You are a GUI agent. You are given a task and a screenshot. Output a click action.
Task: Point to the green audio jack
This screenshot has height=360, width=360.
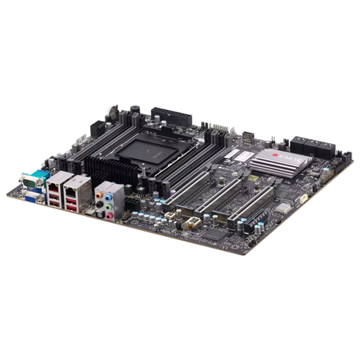tap(112, 205)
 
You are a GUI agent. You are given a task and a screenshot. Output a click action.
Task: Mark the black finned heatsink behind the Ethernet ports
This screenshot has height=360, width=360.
tap(105, 168)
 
